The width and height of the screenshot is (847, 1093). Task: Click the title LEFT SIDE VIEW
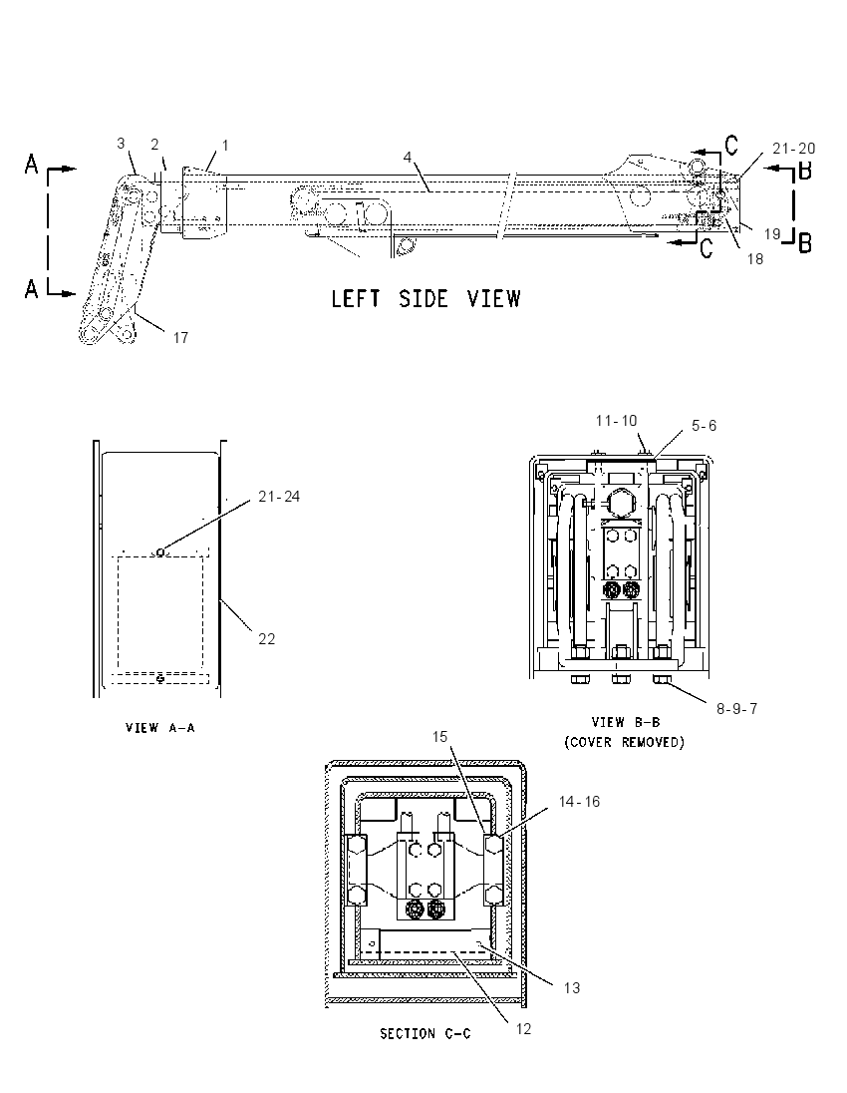click(425, 299)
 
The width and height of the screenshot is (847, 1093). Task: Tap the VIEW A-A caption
click(160, 728)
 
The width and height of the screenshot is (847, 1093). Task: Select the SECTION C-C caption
click(424, 1034)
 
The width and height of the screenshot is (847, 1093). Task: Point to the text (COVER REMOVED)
click(625, 742)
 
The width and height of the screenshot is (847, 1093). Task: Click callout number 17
click(180, 338)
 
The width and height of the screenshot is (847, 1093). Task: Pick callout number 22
click(267, 639)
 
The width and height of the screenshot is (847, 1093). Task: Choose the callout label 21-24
click(279, 497)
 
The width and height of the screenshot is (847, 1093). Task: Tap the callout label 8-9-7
click(737, 709)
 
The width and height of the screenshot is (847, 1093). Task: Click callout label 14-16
click(579, 802)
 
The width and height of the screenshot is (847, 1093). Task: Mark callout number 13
click(572, 987)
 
